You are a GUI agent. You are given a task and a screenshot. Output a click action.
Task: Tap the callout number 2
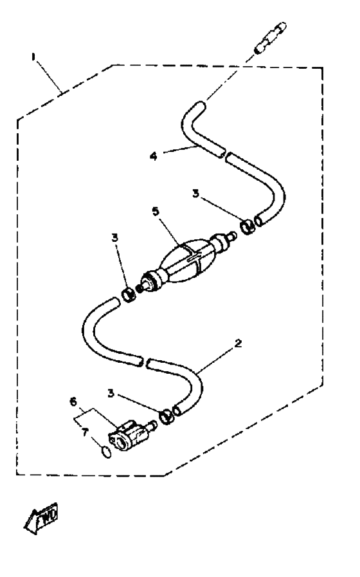coord(239,343)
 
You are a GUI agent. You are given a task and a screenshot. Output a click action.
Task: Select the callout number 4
coord(154,156)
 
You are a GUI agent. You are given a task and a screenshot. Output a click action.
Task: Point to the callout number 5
coord(156,211)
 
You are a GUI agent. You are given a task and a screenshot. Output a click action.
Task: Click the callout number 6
coord(73,401)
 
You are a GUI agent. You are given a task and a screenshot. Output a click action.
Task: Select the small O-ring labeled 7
coord(105,452)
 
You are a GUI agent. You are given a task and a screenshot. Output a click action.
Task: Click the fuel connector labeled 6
coord(127,435)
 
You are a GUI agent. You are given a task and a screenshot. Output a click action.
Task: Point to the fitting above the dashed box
coord(270,37)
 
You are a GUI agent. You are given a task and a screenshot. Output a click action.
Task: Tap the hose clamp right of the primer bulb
coord(248,226)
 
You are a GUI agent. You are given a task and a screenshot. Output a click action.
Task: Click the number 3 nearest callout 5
coord(195,193)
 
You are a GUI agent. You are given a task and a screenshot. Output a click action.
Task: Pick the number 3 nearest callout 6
coord(111,394)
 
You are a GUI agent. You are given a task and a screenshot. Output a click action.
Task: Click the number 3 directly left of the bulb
coord(114,238)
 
